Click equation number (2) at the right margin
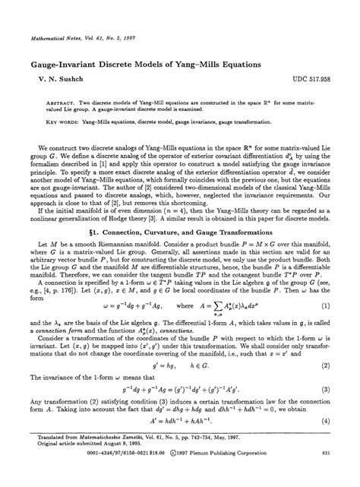click(325, 365)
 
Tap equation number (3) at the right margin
click(325, 390)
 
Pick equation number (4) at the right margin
click(325, 421)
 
